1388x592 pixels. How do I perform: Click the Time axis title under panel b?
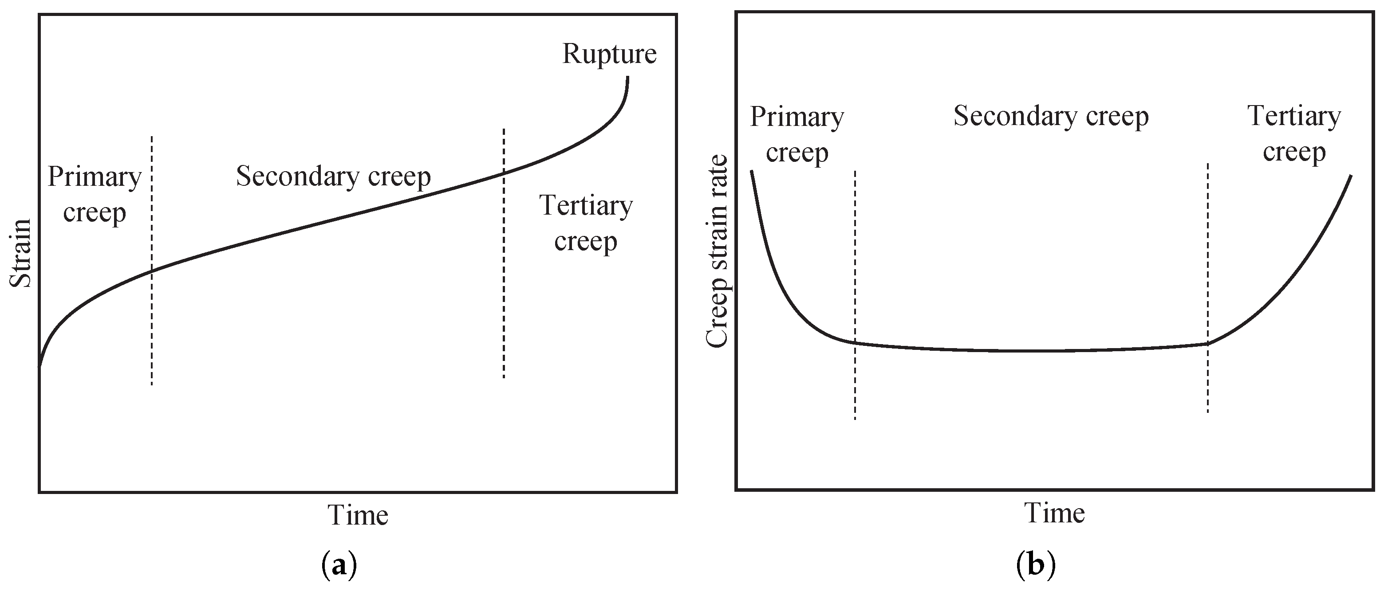click(x=1054, y=513)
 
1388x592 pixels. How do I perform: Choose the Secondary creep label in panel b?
click(x=1051, y=116)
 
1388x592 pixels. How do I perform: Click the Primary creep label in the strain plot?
click(x=94, y=194)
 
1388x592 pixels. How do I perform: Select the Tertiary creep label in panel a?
click(x=586, y=223)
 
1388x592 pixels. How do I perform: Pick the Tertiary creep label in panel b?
click(x=1294, y=133)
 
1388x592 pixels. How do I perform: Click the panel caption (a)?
click(x=339, y=567)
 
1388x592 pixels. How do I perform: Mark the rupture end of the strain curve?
click(x=627, y=78)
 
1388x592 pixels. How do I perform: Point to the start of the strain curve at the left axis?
click(x=40, y=365)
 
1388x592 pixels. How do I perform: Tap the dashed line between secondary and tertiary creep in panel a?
click(x=504, y=296)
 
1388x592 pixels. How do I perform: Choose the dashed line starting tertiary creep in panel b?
click(x=1208, y=377)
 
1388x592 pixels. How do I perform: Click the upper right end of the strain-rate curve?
click(x=1350, y=176)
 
